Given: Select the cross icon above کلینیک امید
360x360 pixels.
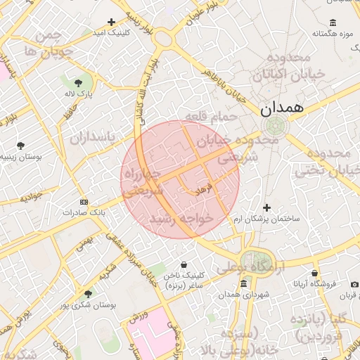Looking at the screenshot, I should [x=111, y=22].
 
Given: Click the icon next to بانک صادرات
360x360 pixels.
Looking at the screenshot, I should [x=84, y=201].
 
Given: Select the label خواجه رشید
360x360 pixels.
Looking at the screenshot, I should [x=186, y=219].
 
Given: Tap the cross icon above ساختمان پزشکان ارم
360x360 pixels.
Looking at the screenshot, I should [x=266, y=207].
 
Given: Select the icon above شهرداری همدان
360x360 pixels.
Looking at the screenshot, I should [x=243, y=283].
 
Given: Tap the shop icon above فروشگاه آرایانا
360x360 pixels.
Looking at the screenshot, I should [x=314, y=273].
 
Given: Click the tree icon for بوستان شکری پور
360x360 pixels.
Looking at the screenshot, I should [x=87, y=294].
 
